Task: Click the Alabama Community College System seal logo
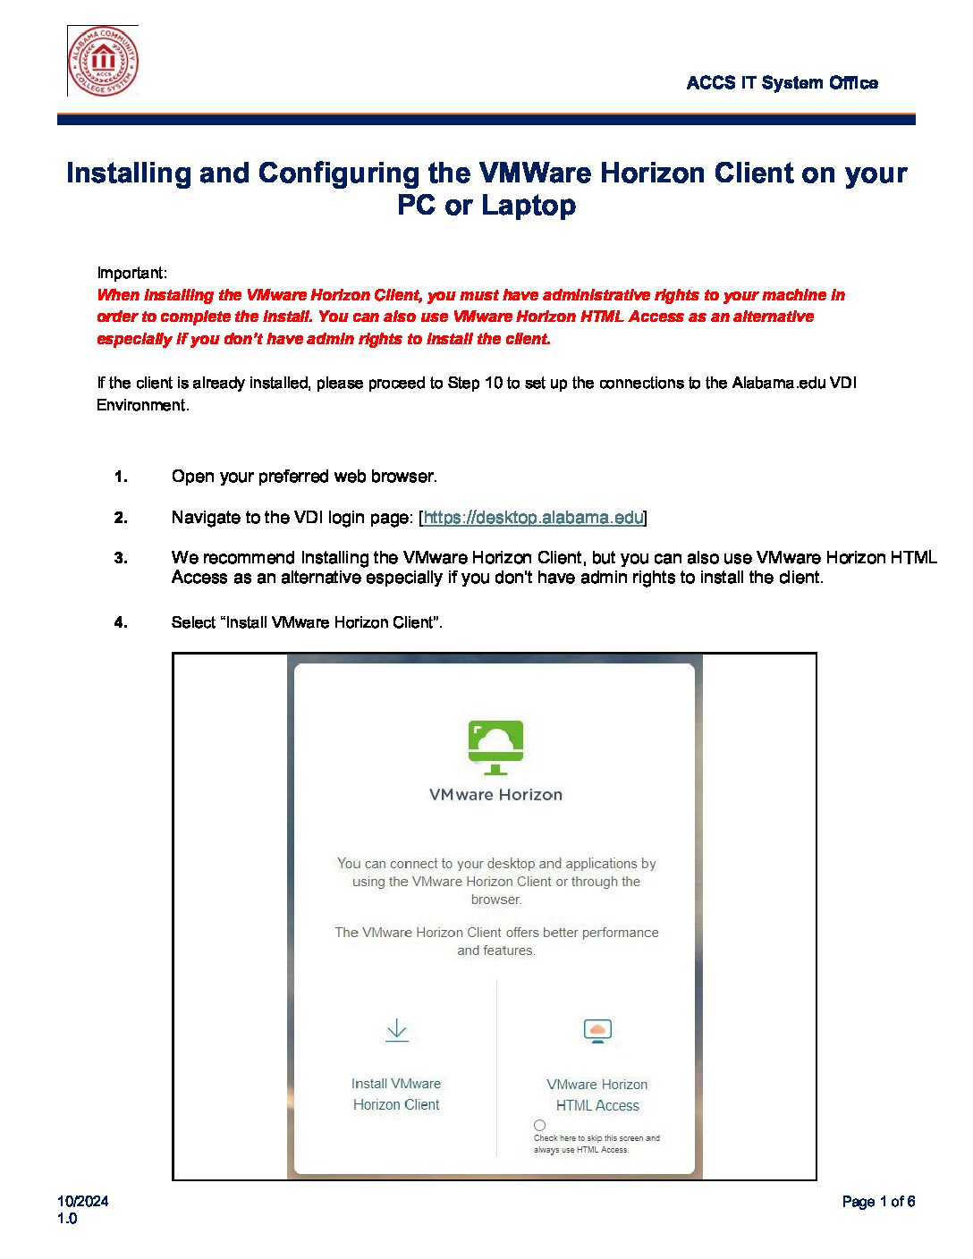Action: [103, 61]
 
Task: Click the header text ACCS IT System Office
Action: [782, 83]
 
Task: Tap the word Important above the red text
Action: [131, 273]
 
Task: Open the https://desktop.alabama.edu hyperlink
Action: [533, 518]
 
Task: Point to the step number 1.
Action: [121, 477]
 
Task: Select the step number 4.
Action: [121, 622]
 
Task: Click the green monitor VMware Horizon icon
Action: [495, 747]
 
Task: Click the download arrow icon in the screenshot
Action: [397, 1030]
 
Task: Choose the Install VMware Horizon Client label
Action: [396, 1094]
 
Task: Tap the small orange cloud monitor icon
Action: [597, 1031]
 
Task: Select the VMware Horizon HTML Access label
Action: [597, 1095]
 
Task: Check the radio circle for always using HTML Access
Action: [539, 1126]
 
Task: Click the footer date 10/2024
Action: [82, 1202]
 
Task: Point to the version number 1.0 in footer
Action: [67, 1219]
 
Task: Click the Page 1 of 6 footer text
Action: [878, 1202]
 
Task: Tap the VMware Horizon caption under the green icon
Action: [495, 795]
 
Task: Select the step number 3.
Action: [121, 558]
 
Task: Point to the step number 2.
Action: [121, 518]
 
